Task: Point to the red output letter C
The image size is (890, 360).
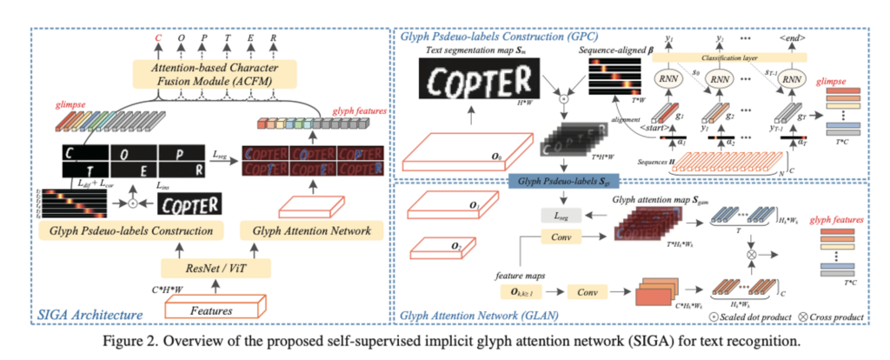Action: [x=157, y=39]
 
